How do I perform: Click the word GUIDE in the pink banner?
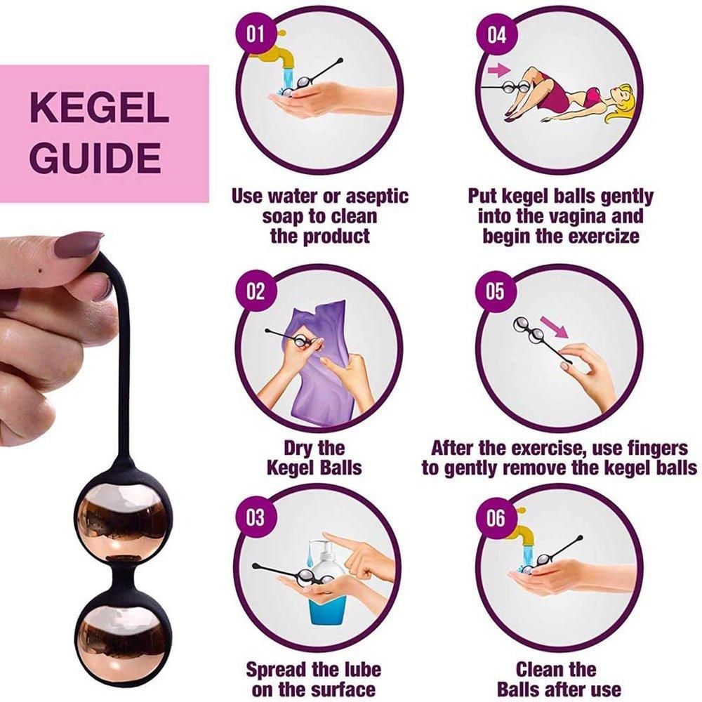pyautogui.click(x=95, y=159)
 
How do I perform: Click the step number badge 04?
pyautogui.click(x=496, y=34)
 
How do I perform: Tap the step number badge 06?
pyautogui.click(x=496, y=518)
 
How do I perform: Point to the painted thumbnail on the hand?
pyautogui.click(x=78, y=245)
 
